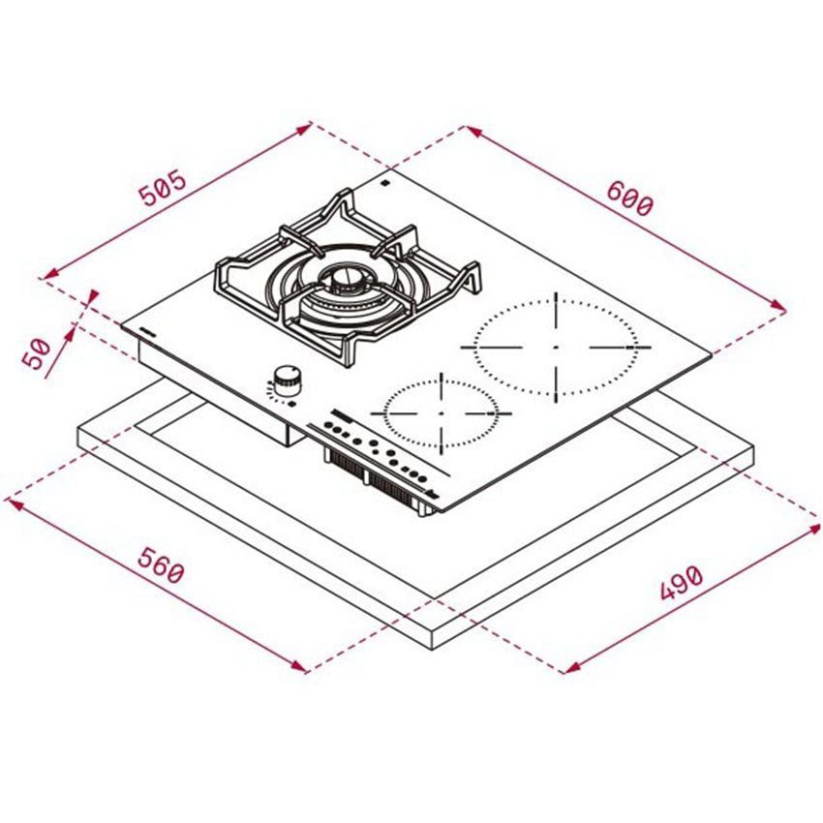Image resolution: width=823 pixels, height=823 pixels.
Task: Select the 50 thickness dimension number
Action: tap(37, 353)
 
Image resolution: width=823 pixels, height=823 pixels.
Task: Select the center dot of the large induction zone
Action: tap(556, 346)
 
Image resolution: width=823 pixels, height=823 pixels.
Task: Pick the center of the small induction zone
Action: tap(440, 411)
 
